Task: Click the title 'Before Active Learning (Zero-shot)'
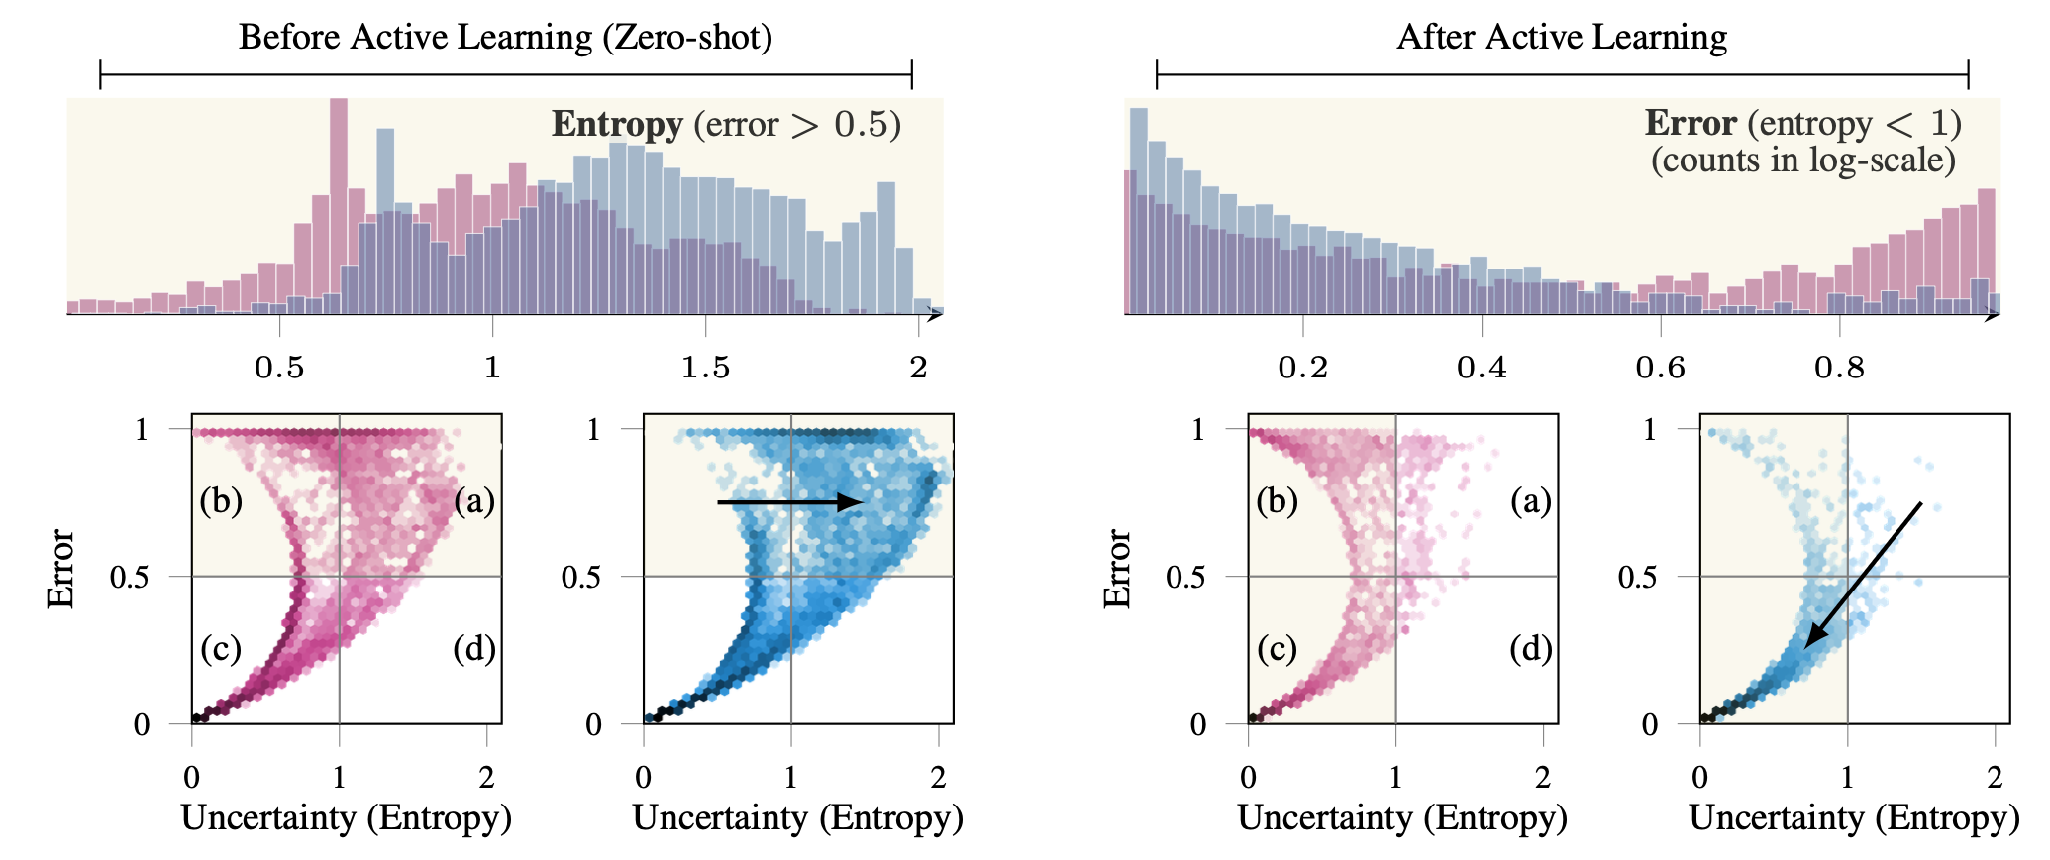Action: click(505, 38)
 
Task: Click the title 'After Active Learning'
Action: click(1562, 38)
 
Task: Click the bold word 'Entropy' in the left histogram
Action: click(617, 125)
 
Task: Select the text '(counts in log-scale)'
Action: click(1802, 160)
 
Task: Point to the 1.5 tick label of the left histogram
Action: click(705, 369)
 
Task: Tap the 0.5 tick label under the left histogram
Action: click(279, 369)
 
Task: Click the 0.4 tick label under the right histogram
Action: click(1482, 369)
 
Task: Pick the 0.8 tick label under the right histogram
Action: click(1839, 369)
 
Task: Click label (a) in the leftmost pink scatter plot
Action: click(474, 501)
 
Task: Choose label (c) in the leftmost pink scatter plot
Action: click(221, 649)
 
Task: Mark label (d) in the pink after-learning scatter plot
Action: click(1531, 649)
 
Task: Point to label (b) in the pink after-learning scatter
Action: click(1278, 501)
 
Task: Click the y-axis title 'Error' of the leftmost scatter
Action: click(61, 570)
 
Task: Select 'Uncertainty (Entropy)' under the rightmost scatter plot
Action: click(1854, 818)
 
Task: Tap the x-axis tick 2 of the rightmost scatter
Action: click(1995, 778)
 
